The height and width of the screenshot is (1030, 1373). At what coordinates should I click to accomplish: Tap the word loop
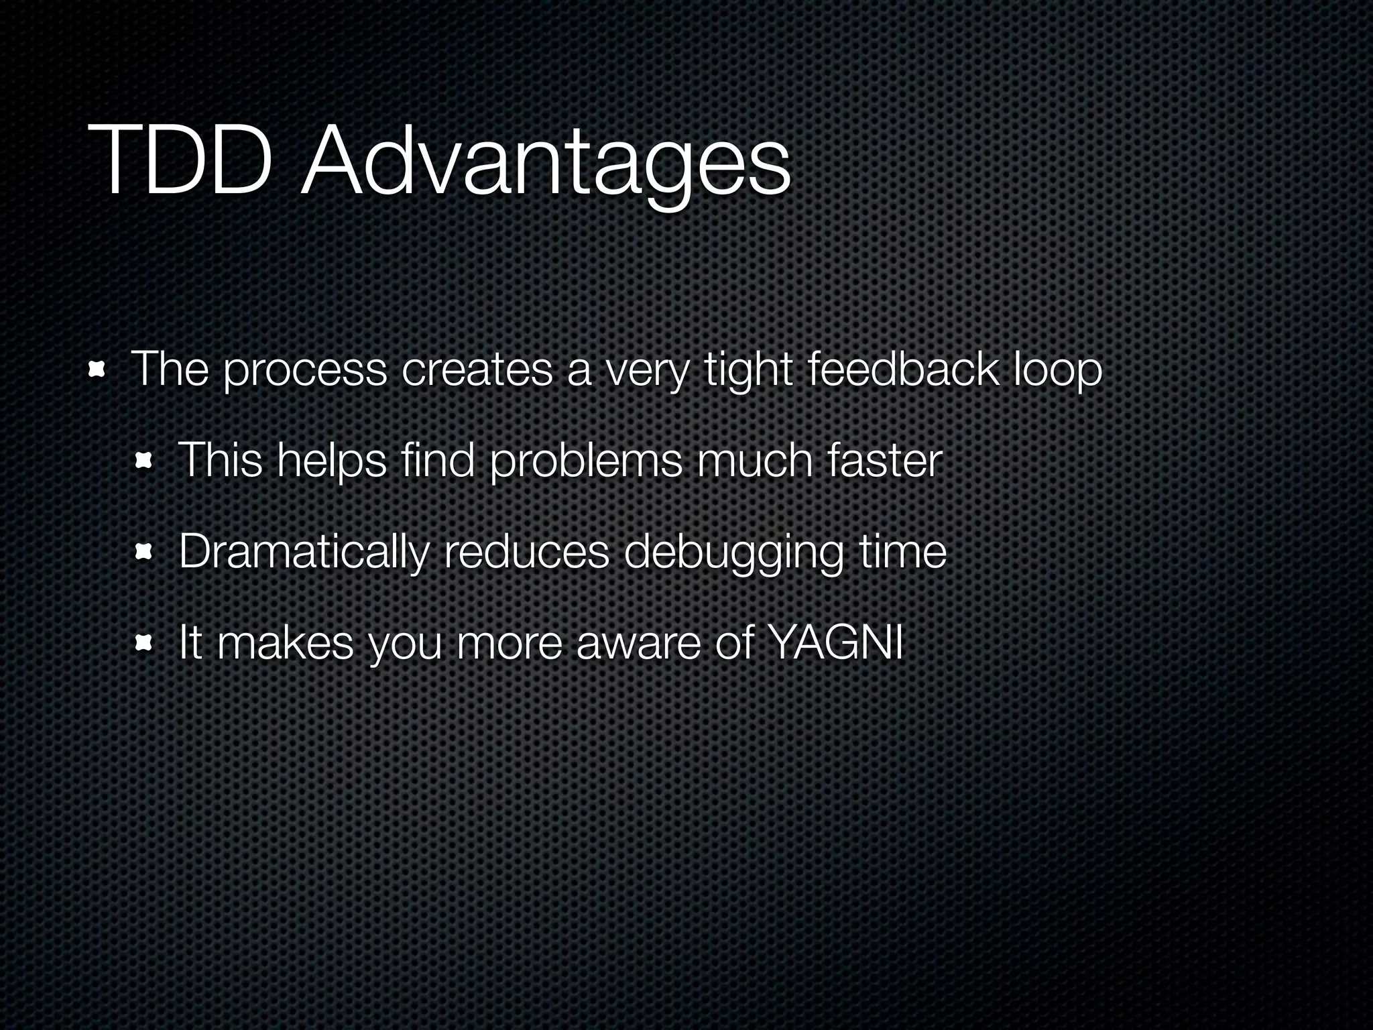(1057, 371)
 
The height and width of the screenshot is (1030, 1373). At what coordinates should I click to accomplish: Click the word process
(304, 371)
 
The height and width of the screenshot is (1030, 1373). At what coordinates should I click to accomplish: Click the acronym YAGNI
(835, 642)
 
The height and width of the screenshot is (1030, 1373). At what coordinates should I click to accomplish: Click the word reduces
(526, 551)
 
